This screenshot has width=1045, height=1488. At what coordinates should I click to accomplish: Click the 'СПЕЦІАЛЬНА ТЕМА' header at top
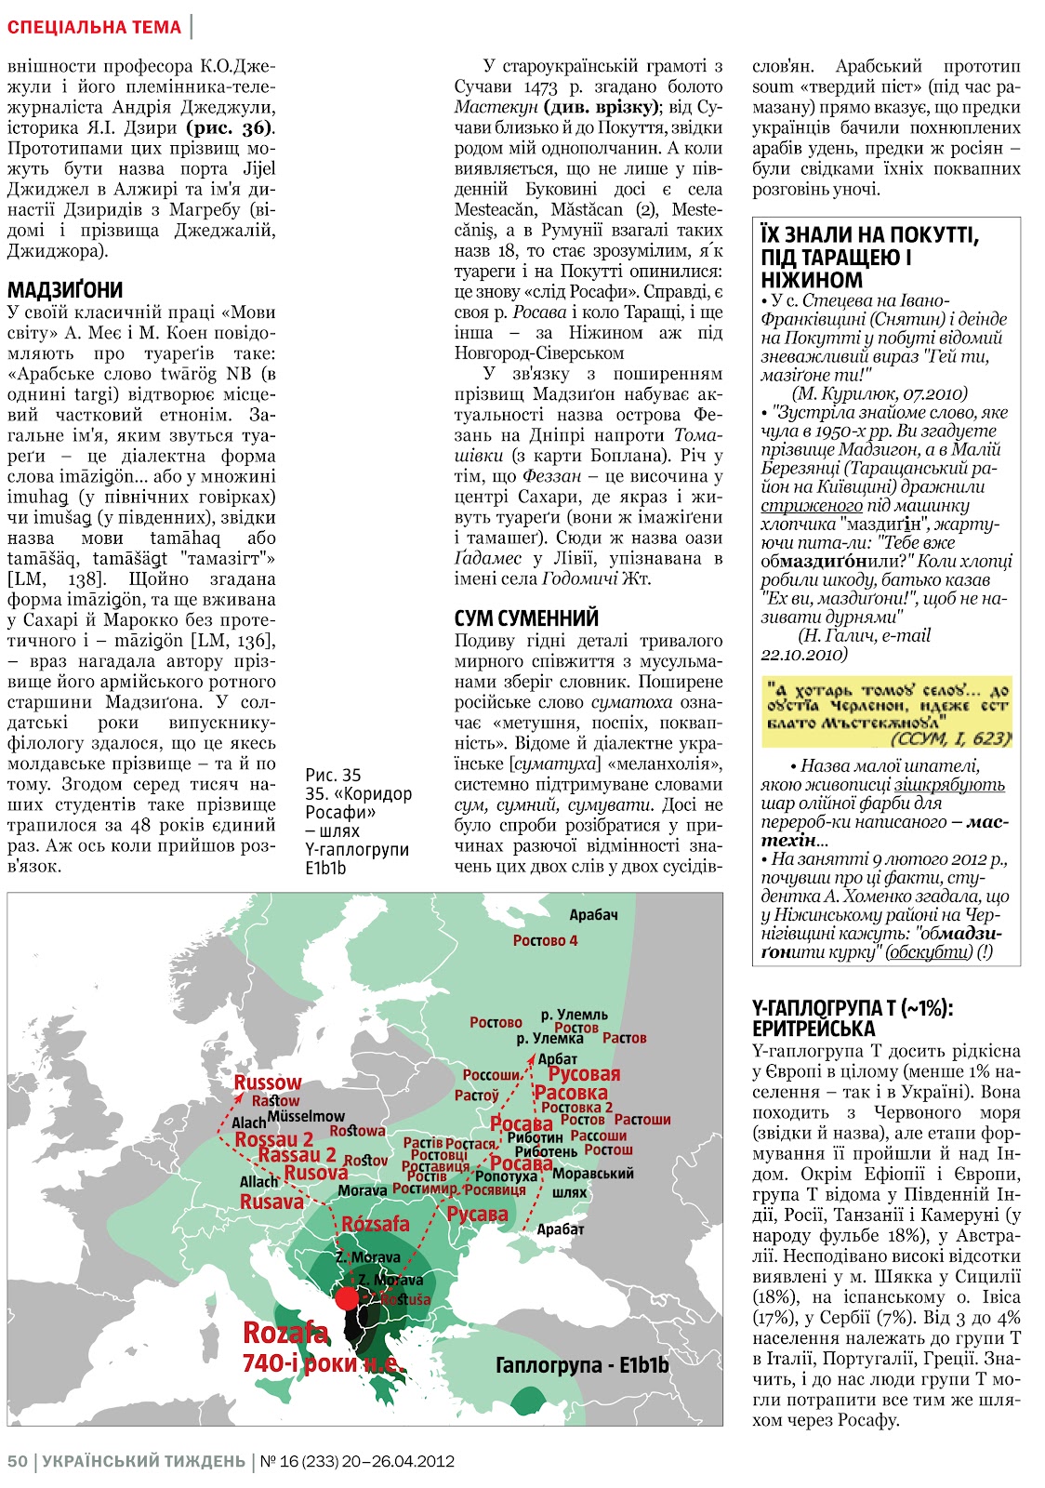pos(94,27)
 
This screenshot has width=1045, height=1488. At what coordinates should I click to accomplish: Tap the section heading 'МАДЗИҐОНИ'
pos(65,289)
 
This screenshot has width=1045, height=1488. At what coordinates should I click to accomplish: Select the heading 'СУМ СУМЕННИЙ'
pos(526,618)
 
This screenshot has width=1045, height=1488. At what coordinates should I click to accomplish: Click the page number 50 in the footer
pos(18,1461)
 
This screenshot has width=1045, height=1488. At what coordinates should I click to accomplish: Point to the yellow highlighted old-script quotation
pos(886,712)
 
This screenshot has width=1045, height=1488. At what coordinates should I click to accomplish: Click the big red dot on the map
pos(347,1298)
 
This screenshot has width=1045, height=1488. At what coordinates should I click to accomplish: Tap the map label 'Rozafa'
pos(285,1333)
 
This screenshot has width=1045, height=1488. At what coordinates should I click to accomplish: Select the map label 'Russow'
pos(268,1083)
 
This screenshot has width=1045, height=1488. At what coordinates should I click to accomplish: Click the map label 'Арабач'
pos(593,915)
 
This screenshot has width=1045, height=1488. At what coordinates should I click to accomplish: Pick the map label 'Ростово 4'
pos(545,940)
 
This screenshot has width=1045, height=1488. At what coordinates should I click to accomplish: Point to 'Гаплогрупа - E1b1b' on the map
pos(582,1364)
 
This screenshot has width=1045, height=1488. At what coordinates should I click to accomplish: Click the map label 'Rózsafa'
pos(376,1224)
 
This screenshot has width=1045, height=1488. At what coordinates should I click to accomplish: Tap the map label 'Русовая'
pos(584,1074)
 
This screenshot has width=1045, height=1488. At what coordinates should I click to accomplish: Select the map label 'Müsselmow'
pos(306,1116)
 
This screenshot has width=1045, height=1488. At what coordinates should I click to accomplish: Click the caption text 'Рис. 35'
pos(333,775)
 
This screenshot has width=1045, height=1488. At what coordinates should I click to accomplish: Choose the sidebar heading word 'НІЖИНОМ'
pos(799,280)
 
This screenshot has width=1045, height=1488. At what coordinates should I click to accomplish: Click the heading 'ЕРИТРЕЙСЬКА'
pos(814,1029)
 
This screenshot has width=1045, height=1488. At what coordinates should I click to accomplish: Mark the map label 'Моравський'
pos(592,1174)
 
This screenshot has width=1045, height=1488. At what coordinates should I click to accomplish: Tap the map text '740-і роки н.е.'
pos(322,1364)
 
